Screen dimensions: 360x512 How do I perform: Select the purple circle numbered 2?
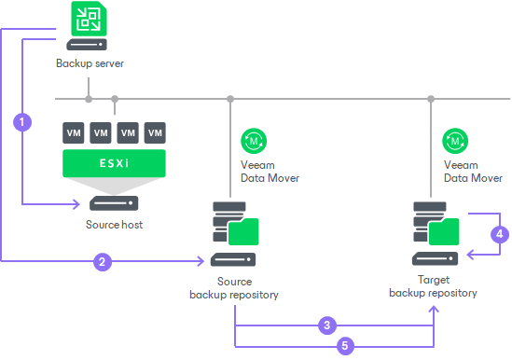(102, 262)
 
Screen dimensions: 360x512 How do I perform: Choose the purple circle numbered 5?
(345, 345)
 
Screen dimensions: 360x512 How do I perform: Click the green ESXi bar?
(114, 163)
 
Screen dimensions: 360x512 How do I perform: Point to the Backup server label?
(90, 64)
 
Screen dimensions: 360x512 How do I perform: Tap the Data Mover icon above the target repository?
(457, 140)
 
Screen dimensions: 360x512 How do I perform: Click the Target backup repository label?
(433, 285)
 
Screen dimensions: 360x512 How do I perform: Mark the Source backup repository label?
(228, 288)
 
